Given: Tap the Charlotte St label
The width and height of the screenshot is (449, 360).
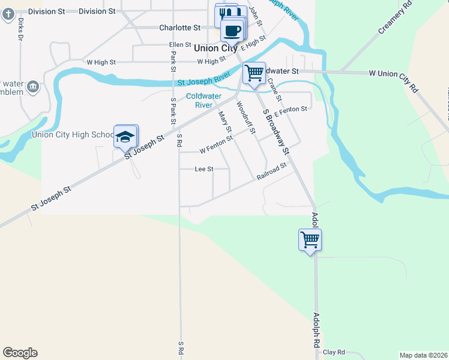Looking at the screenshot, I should click(180, 28).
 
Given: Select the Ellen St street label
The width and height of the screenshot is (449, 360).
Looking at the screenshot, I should click(180, 45).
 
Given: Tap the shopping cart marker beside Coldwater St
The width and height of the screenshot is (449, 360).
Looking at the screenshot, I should click(255, 73).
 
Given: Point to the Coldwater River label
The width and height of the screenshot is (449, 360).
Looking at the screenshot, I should click(203, 100).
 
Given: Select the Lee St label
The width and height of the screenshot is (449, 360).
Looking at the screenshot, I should click(204, 169).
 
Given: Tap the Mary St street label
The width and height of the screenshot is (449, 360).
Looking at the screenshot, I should click(225, 122).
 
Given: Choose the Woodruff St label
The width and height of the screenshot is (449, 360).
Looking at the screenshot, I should click(246, 118).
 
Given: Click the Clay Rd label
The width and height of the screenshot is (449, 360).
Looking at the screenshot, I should click(334, 352).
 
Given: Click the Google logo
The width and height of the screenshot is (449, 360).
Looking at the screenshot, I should click(20, 353).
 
